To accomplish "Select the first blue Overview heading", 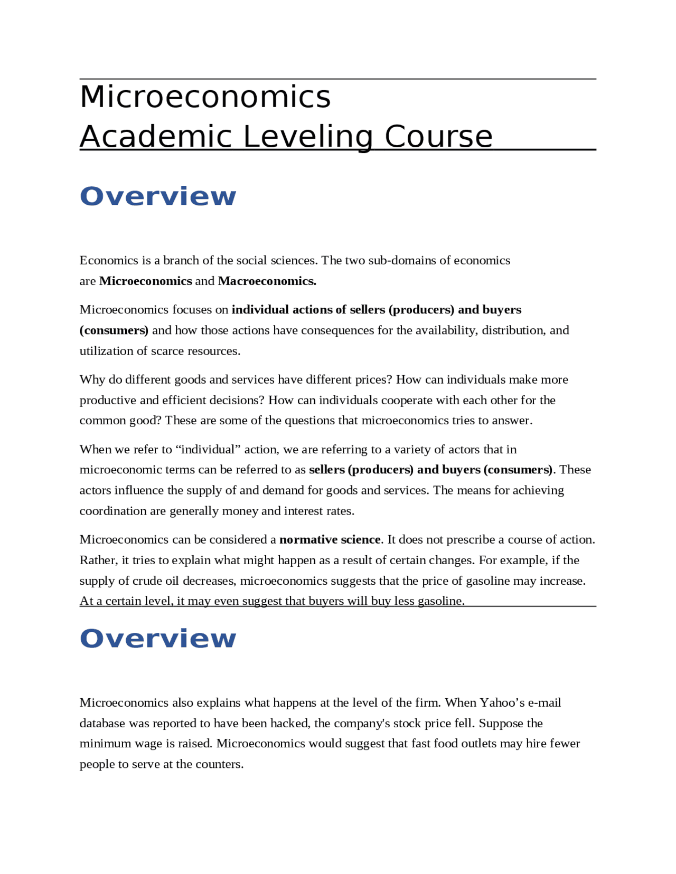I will (x=157, y=196).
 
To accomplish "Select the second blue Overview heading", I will (x=157, y=638).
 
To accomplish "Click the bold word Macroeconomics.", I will (x=267, y=281).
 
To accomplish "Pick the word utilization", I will (x=102, y=351).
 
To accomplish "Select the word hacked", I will (x=289, y=723).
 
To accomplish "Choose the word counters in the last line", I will (x=221, y=764).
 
